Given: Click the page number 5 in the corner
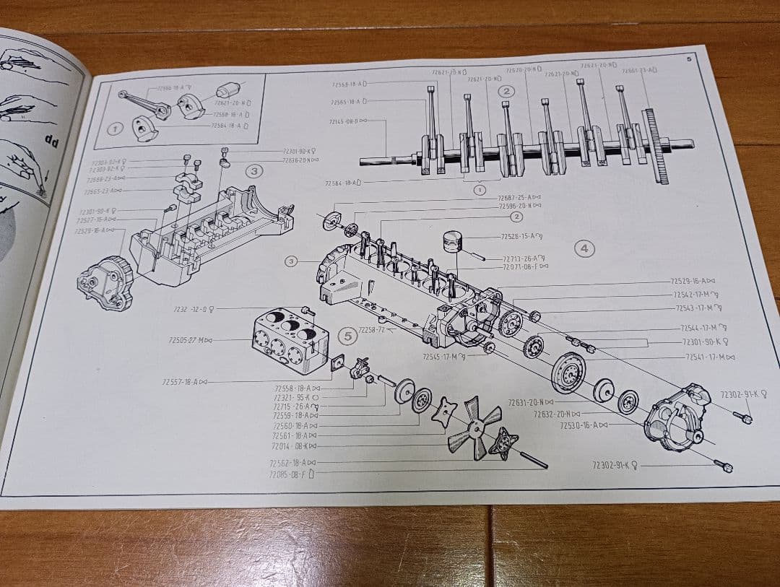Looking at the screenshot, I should (688, 59).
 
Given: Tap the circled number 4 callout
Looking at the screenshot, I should (584, 248).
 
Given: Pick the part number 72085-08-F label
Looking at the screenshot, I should (292, 474).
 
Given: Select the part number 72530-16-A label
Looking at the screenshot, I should (584, 425).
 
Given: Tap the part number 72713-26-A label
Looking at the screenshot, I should (524, 258).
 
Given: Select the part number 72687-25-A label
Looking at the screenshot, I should (519, 197).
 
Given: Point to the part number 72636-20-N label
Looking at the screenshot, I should (300, 160).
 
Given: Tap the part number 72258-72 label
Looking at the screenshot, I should (374, 329).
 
